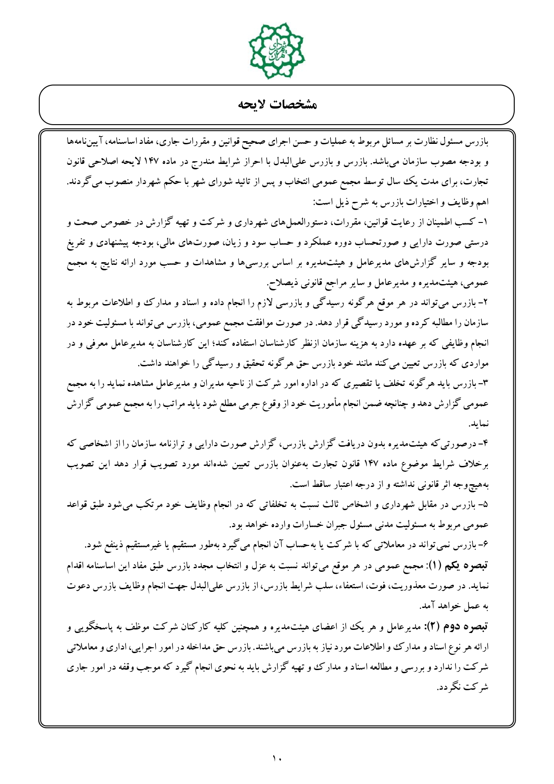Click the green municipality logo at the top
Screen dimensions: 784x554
pos(277,50)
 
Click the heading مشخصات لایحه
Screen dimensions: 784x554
pos(277,105)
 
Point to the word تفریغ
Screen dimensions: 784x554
pos(477,243)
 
